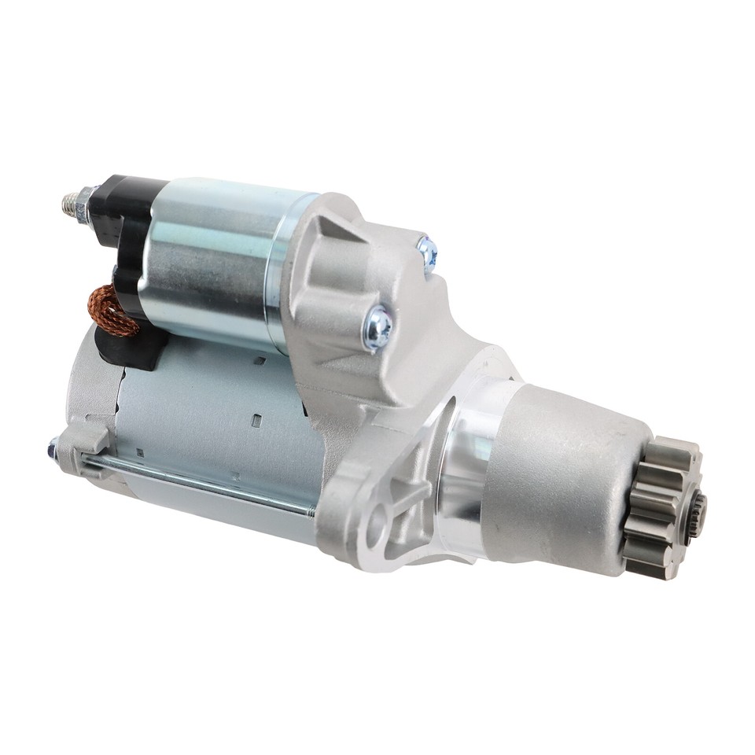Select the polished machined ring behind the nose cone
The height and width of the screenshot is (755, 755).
click(464, 472)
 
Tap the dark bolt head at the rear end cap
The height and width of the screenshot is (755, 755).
click(53, 450)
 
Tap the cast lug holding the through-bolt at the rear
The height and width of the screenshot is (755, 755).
click(87, 448)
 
